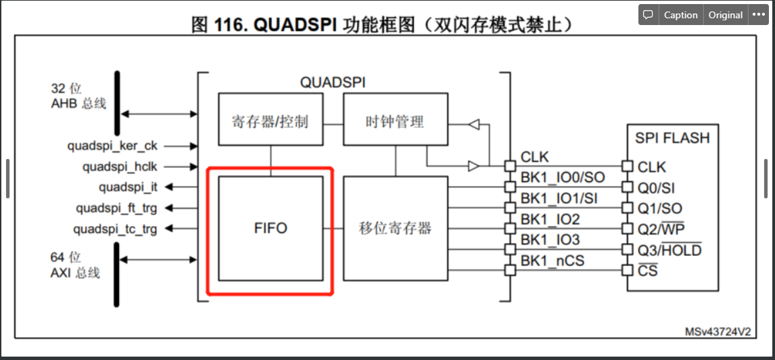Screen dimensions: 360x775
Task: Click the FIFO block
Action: [271, 229]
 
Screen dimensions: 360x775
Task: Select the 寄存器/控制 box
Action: [270, 122]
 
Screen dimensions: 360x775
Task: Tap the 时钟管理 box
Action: [395, 122]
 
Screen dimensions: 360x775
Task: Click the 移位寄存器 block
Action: [395, 229]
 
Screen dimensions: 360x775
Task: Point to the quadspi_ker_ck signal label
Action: [112, 145]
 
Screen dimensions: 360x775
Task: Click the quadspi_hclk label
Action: [120, 166]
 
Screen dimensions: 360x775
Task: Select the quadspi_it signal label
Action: [128, 187]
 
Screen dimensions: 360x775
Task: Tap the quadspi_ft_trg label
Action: [116, 208]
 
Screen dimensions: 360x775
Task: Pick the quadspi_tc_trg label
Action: [116, 229]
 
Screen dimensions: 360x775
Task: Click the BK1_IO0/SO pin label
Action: [562, 178]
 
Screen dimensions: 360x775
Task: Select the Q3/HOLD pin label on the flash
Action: [670, 250]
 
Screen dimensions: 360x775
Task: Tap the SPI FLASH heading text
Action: [672, 138]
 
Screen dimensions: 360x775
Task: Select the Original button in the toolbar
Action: [725, 15]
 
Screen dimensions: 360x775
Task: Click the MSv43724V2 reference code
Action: [719, 332]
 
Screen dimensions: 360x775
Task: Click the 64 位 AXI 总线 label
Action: [75, 265]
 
